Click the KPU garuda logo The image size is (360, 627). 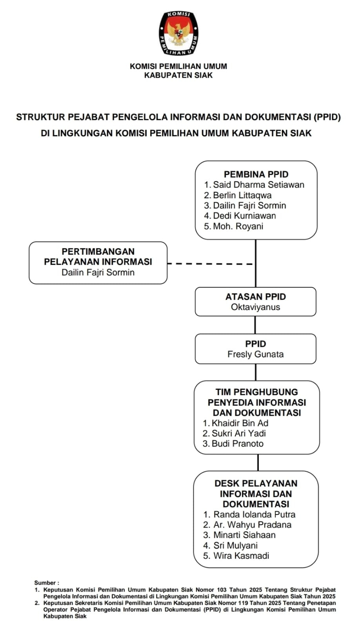[178, 33]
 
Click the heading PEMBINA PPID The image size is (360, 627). [256, 174]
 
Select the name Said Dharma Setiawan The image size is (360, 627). [258, 185]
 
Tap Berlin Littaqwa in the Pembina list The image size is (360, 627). [242, 195]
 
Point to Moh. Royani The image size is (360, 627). [238, 226]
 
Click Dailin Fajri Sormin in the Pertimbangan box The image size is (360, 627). [98, 272]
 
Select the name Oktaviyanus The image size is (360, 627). [255, 307]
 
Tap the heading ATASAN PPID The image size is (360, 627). [255, 297]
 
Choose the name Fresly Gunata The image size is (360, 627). [255, 354]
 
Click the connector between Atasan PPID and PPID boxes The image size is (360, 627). [255, 325]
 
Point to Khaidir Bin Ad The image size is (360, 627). [240, 423]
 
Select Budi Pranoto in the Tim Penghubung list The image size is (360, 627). [237, 444]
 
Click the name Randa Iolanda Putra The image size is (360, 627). [254, 515]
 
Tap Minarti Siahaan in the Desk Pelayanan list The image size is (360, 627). [244, 535]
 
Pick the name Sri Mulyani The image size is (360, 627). [235, 545]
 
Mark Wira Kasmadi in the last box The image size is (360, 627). [241, 556]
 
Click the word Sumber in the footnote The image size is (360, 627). [45, 583]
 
